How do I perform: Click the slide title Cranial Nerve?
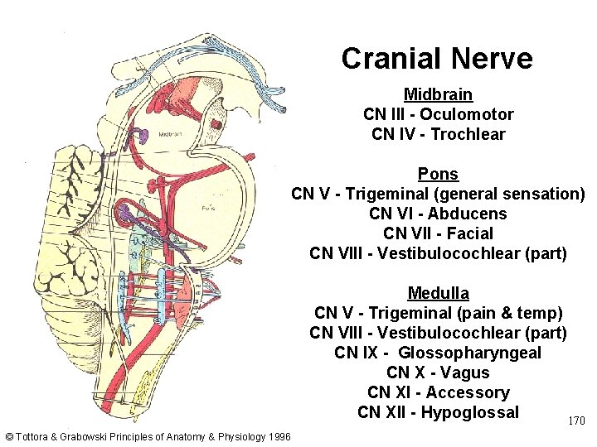tap(437, 59)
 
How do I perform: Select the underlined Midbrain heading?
tap(438, 94)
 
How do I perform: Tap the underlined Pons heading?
tap(438, 175)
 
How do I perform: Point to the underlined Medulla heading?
tap(438, 293)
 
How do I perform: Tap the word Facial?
tap(468, 233)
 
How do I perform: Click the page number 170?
tap(576, 421)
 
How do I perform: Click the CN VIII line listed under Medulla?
tap(438, 333)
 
